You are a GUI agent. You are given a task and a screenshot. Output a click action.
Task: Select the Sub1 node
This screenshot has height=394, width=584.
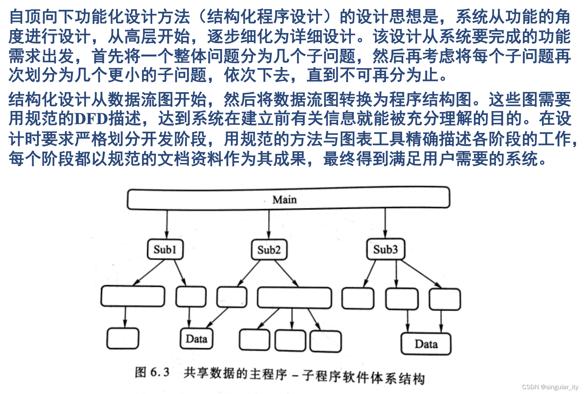pyautogui.click(x=165, y=250)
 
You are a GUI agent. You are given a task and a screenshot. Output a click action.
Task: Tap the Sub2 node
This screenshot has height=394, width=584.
pyautogui.click(x=269, y=250)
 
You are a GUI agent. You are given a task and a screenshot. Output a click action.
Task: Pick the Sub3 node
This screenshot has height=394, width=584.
pyautogui.click(x=385, y=250)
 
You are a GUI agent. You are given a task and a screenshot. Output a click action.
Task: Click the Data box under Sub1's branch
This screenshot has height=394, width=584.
pyautogui.click(x=196, y=339)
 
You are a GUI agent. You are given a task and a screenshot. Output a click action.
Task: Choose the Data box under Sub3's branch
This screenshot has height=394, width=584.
pyautogui.click(x=426, y=344)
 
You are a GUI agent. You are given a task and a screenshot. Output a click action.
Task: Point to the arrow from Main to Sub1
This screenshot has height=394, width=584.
pyautogui.click(x=167, y=224)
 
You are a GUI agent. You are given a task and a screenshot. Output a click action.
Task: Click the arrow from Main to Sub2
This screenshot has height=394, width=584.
pyautogui.click(x=269, y=224)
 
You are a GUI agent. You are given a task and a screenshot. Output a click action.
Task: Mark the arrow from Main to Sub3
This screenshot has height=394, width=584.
pyautogui.click(x=385, y=223)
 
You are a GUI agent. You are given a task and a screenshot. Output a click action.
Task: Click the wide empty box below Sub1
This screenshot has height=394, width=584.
pyautogui.click(x=132, y=296)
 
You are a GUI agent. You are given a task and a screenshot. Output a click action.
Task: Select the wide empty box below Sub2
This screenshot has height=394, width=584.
pyautogui.click(x=294, y=298)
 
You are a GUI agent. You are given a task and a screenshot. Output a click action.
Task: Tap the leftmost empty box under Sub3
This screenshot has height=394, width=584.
pyautogui.click(x=358, y=298)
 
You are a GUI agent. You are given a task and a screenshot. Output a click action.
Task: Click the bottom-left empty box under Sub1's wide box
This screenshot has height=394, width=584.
pyautogui.click(x=123, y=338)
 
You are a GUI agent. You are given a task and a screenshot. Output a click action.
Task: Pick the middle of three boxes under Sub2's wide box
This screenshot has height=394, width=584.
pyautogui.click(x=290, y=341)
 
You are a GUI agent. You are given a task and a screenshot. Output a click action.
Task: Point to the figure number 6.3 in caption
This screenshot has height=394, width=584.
pyautogui.click(x=160, y=372)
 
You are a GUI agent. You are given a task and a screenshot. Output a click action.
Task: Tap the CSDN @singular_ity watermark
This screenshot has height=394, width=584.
pyautogui.click(x=550, y=387)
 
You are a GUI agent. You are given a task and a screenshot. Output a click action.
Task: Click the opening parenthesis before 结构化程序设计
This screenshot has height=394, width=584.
pyautogui.click(x=201, y=16)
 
